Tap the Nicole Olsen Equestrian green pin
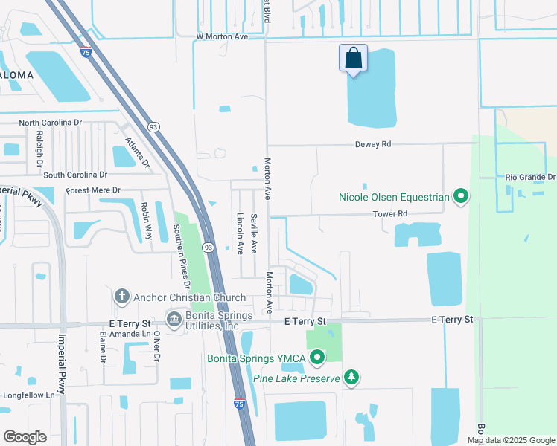coord(461,197)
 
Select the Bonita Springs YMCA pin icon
coord(317,359)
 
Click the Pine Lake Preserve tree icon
coord(351,378)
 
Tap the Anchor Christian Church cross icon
coord(121,297)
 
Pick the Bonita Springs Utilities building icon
coord(174,320)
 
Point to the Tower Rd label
coord(391,214)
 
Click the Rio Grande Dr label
coord(530,177)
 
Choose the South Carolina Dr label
coord(75,175)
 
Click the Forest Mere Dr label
coord(93,190)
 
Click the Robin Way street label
coord(145,216)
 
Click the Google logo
coord(25,437)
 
